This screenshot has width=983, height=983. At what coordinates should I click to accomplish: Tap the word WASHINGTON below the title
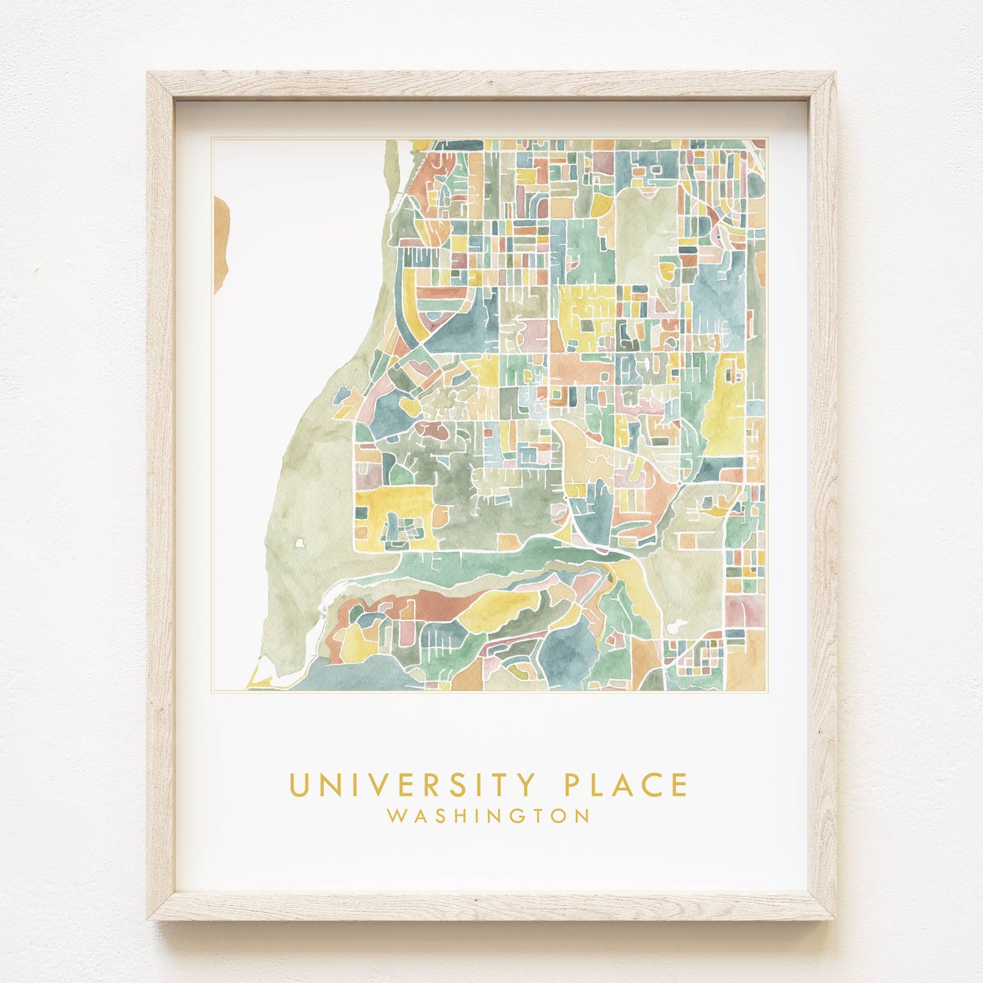pyautogui.click(x=489, y=816)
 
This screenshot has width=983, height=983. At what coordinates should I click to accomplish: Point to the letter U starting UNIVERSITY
pyautogui.click(x=297, y=786)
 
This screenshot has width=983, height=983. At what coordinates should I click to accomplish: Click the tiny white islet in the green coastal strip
pyautogui.click(x=299, y=543)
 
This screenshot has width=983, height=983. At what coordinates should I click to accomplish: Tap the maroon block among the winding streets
pyautogui.click(x=434, y=428)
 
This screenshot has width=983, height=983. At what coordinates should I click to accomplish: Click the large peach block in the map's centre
pyautogui.click(x=578, y=369)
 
